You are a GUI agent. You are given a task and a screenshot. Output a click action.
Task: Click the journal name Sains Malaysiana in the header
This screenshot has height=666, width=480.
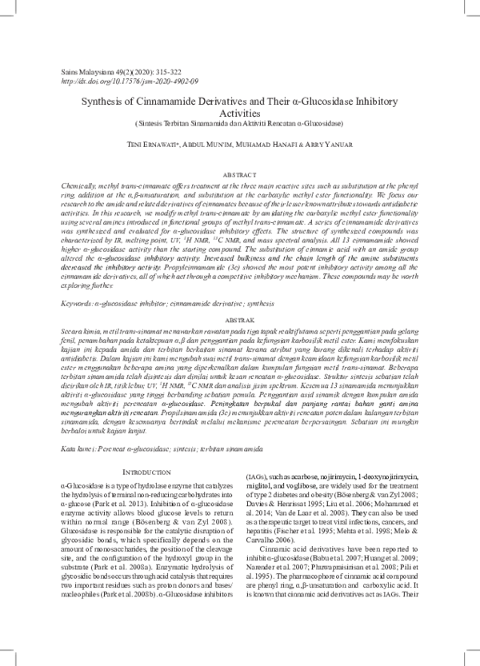click(x=87, y=73)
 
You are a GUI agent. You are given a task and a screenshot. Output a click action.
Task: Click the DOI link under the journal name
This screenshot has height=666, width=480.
click(x=130, y=82)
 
